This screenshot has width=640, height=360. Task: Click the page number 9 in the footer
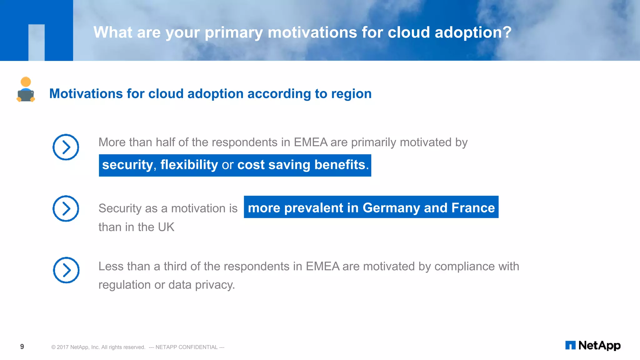(x=22, y=346)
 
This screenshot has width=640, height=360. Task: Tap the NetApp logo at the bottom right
(x=593, y=345)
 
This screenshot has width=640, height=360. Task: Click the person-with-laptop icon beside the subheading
(x=26, y=90)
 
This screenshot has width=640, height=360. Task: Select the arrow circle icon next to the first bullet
(x=66, y=147)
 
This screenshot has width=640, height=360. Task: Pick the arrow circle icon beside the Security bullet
(x=66, y=208)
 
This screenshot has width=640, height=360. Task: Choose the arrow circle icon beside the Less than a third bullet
(x=66, y=270)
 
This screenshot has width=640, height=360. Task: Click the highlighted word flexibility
(x=189, y=165)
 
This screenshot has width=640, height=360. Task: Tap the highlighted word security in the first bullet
(x=127, y=165)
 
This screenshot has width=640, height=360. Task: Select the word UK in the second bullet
(x=166, y=227)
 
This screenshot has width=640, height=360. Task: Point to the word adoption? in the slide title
(x=473, y=32)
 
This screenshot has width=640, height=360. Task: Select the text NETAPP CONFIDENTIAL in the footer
(x=186, y=347)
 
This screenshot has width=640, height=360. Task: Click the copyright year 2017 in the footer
(x=62, y=347)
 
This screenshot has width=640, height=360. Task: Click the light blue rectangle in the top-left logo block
(x=37, y=42)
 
